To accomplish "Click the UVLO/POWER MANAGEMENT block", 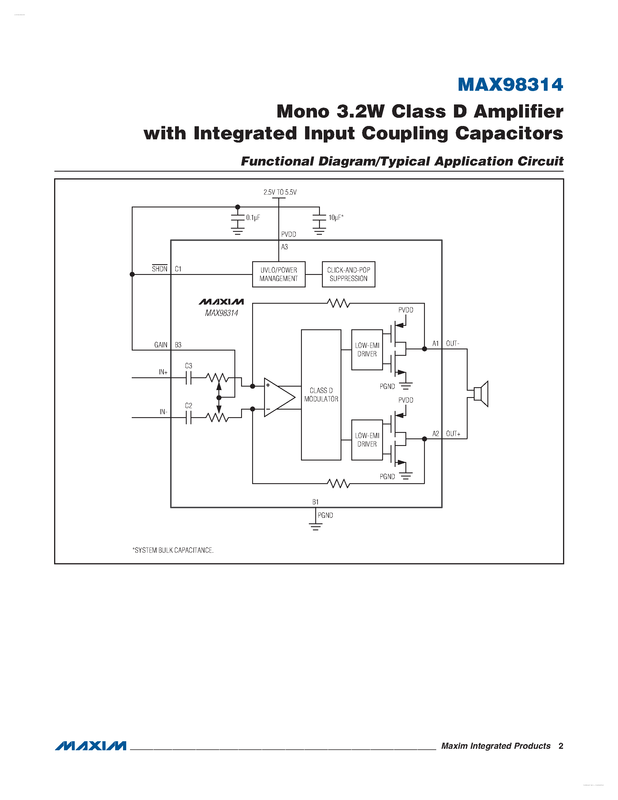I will tap(279, 274).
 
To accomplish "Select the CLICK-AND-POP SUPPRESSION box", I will tap(348, 274).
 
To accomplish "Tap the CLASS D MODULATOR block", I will tap(321, 395).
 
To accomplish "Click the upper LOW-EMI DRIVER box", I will tap(367, 350).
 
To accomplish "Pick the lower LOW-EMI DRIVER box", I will tap(367, 440).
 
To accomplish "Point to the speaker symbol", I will tap(481, 394).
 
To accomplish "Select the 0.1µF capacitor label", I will tap(253, 218).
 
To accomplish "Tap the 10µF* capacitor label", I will tap(336, 218).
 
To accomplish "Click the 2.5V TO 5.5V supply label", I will tap(280, 192).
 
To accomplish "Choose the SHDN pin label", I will tap(160, 269).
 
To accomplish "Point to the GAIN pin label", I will tap(161, 345).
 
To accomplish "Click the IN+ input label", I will tap(163, 372).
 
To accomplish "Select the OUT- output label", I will tap(453, 344).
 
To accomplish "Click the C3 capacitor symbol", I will tap(188, 378).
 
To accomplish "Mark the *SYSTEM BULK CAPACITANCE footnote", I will tap(173, 550).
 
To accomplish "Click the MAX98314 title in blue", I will tap(510, 85).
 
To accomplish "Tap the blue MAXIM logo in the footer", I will tap(91, 746).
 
